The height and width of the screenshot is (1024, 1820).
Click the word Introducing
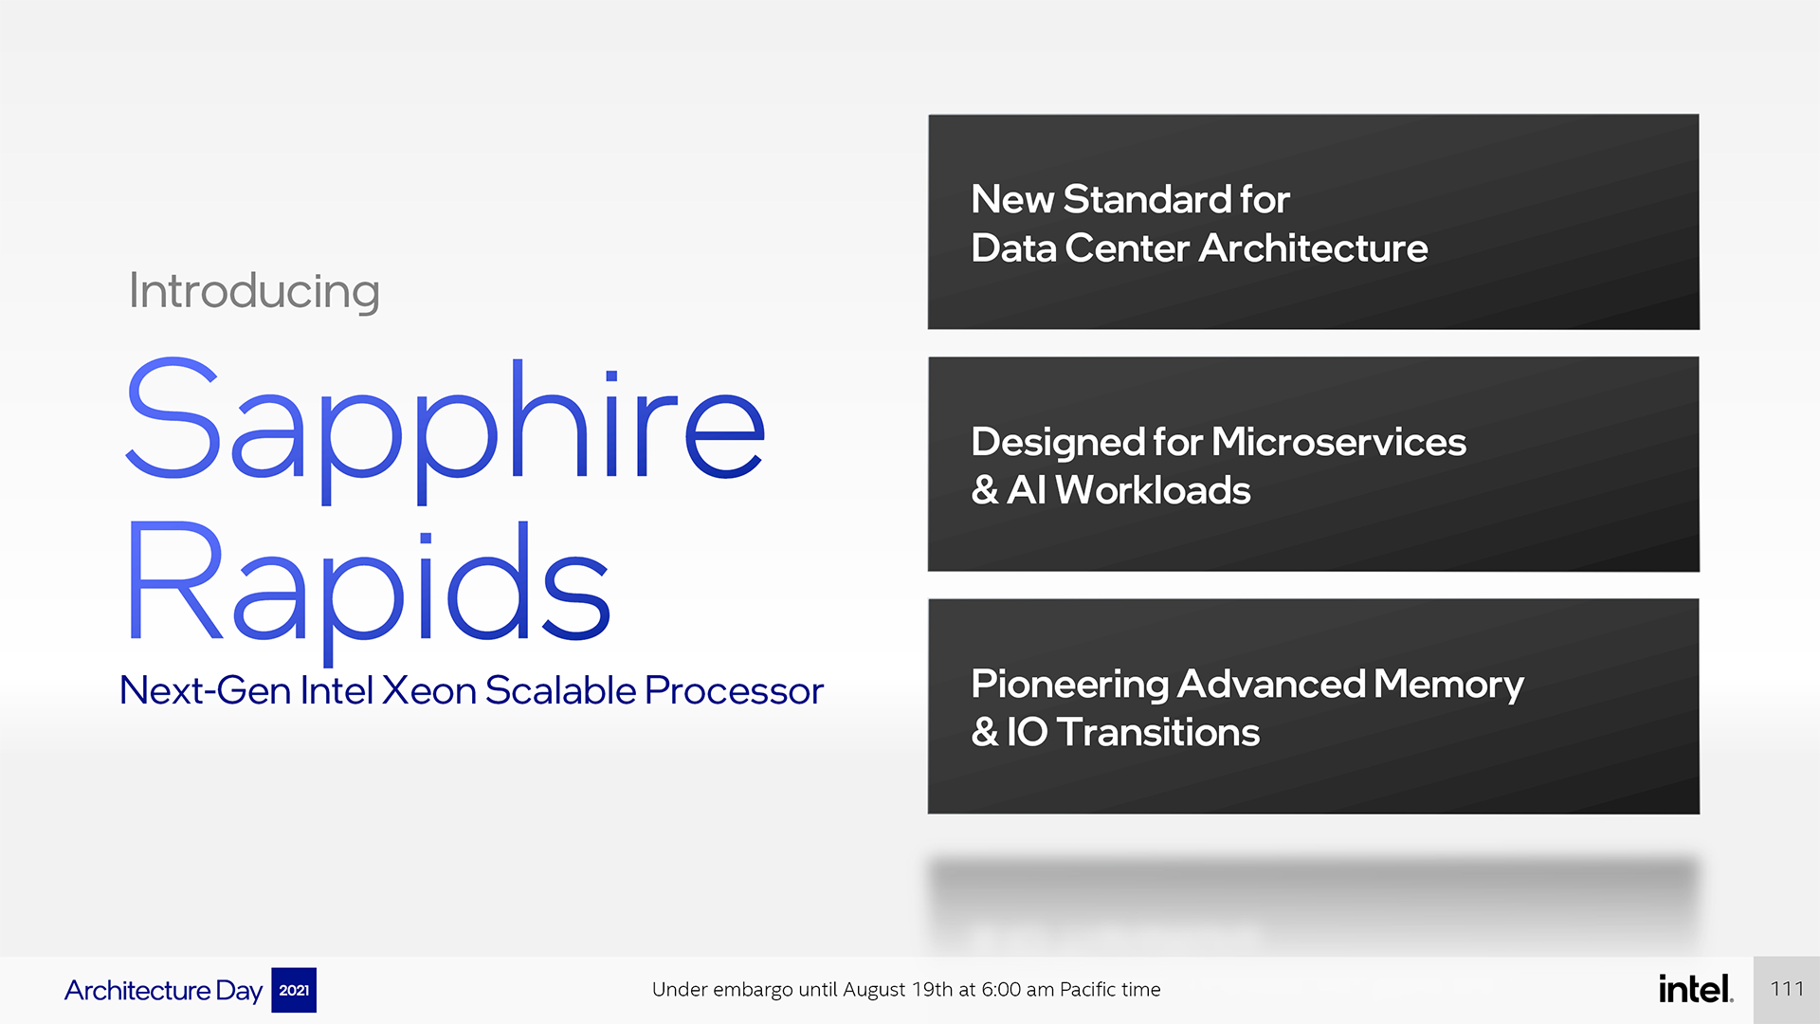pyautogui.click(x=254, y=291)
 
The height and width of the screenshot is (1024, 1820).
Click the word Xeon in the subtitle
pyautogui.click(x=429, y=690)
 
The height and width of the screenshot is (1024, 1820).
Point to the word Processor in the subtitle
pyautogui.click(x=734, y=691)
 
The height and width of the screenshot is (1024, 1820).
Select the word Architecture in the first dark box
pyautogui.click(x=1313, y=248)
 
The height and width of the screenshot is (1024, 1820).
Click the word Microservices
pyautogui.click(x=1338, y=442)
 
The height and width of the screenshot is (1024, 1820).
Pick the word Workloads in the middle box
pyautogui.click(x=1153, y=490)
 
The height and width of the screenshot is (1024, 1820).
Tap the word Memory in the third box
pyautogui.click(x=1448, y=685)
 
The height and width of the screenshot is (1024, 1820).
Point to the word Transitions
pyautogui.click(x=1157, y=733)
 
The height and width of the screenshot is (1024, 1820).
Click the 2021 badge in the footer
pyautogui.click(x=294, y=990)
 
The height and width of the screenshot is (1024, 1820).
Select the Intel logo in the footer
pyautogui.click(x=1696, y=989)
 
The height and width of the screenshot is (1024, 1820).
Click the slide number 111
pyautogui.click(x=1787, y=989)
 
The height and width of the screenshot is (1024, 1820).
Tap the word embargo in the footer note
pyautogui.click(x=753, y=991)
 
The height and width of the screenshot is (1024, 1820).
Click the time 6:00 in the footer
pyautogui.click(x=1001, y=990)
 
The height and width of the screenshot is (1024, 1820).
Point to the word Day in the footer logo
pyautogui.click(x=239, y=992)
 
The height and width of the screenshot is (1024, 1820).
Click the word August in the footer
pyautogui.click(x=874, y=991)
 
